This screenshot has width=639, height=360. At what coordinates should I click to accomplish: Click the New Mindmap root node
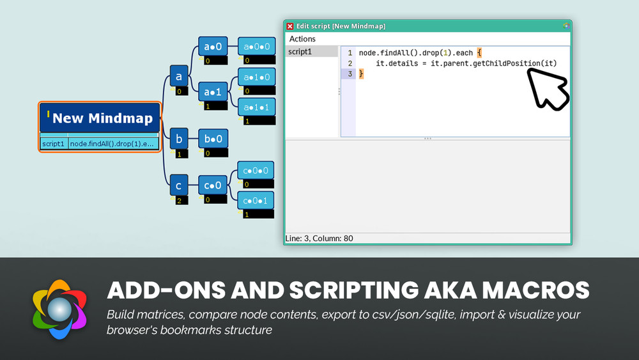click(x=100, y=118)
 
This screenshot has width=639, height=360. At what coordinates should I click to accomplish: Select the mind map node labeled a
click(x=179, y=76)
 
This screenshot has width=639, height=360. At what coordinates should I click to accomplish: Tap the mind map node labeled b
click(x=179, y=138)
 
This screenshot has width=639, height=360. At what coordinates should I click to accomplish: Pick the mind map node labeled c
click(x=179, y=186)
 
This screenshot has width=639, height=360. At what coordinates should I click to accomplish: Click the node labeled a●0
click(x=213, y=47)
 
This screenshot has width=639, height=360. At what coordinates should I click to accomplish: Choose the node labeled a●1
click(x=213, y=92)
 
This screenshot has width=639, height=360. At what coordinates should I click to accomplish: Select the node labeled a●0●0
click(x=256, y=47)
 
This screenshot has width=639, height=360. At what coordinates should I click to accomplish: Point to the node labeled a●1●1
click(x=256, y=107)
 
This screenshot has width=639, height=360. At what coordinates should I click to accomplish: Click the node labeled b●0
click(x=213, y=138)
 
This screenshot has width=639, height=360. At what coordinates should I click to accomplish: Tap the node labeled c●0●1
click(x=256, y=201)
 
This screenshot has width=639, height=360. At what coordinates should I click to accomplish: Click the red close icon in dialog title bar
click(x=290, y=26)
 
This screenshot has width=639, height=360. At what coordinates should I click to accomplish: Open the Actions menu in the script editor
click(x=302, y=39)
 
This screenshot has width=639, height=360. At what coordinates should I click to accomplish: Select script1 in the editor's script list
click(x=300, y=52)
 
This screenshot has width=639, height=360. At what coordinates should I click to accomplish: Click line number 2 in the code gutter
click(x=350, y=63)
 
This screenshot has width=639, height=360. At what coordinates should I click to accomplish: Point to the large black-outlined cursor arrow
click(x=546, y=90)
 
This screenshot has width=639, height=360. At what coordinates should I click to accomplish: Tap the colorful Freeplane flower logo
click(x=59, y=309)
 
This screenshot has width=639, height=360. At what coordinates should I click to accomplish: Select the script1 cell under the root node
click(x=53, y=144)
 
